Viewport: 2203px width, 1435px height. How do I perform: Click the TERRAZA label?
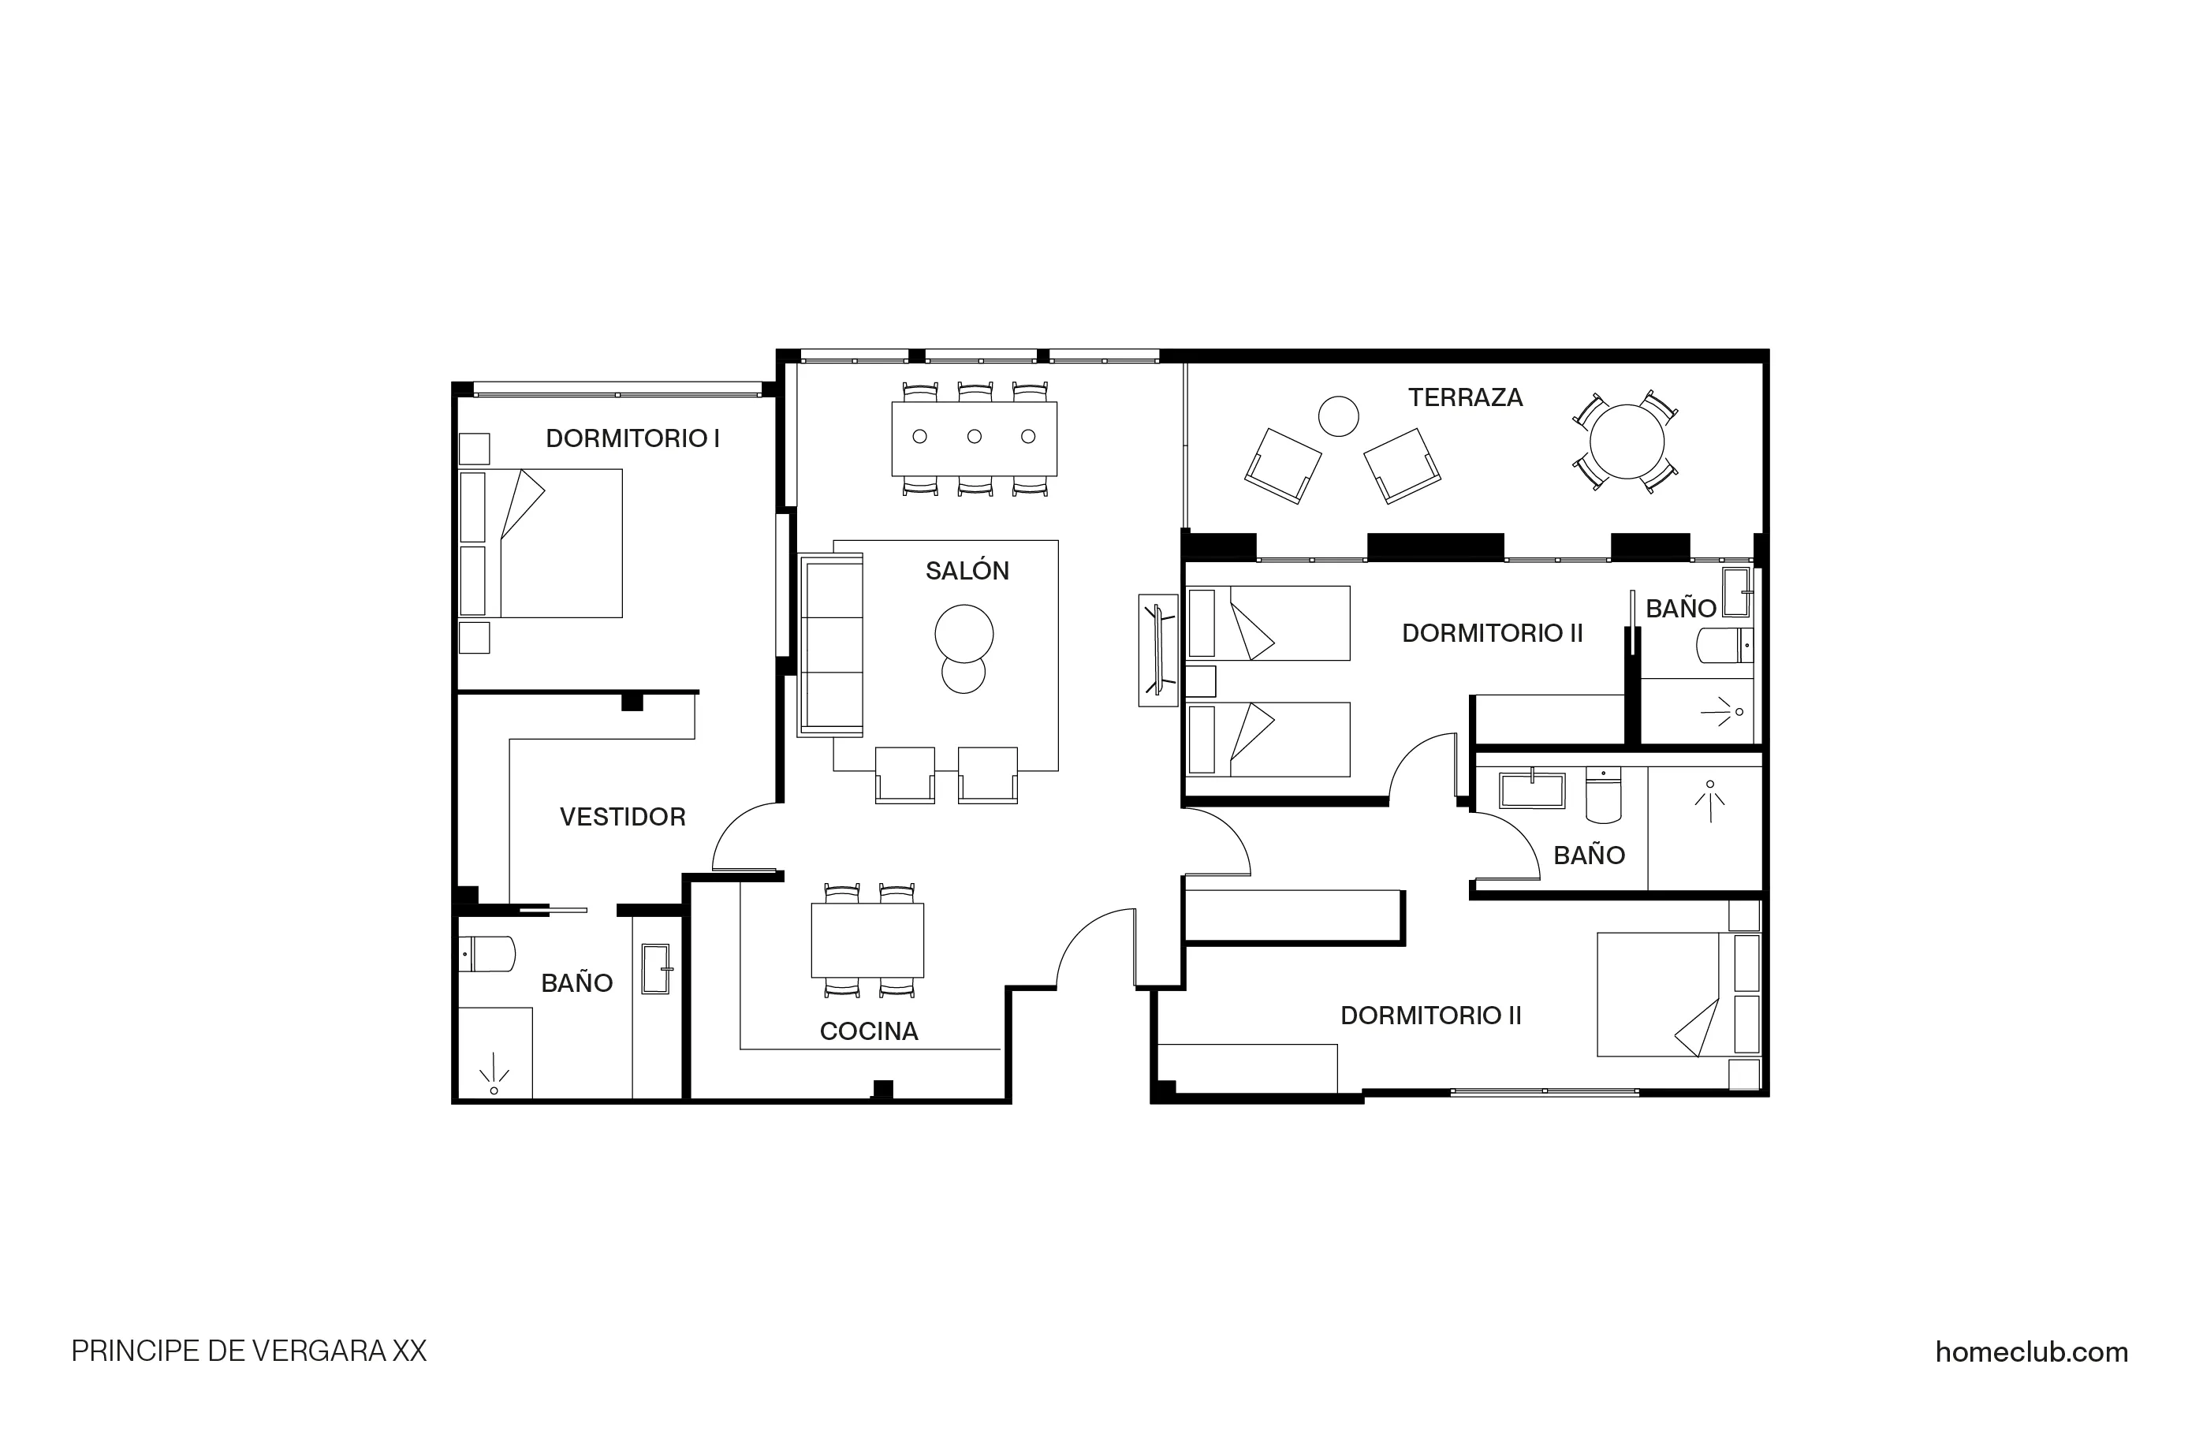[x=1465, y=398]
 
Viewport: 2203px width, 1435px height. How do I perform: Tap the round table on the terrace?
[x=1627, y=442]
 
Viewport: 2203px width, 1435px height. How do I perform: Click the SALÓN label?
[x=967, y=571]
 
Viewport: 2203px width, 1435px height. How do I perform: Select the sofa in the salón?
[x=830, y=645]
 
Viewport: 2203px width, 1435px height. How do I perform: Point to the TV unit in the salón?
[x=1157, y=650]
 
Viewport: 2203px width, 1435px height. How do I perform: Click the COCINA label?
[x=868, y=1031]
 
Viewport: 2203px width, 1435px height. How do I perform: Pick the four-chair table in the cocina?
[x=867, y=940]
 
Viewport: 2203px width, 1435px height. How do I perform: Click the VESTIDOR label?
[x=622, y=818]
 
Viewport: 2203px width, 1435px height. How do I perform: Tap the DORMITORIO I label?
[x=632, y=439]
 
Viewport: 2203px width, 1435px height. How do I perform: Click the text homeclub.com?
[x=2031, y=1352]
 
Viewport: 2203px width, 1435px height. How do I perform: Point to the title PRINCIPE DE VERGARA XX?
[x=249, y=1351]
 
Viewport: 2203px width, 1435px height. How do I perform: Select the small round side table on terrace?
[x=1337, y=416]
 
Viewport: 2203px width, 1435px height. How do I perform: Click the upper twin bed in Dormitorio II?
[x=1268, y=623]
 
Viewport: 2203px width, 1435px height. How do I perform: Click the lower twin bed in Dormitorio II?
[x=1268, y=739]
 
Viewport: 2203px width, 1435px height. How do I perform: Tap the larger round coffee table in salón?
[x=964, y=634]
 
